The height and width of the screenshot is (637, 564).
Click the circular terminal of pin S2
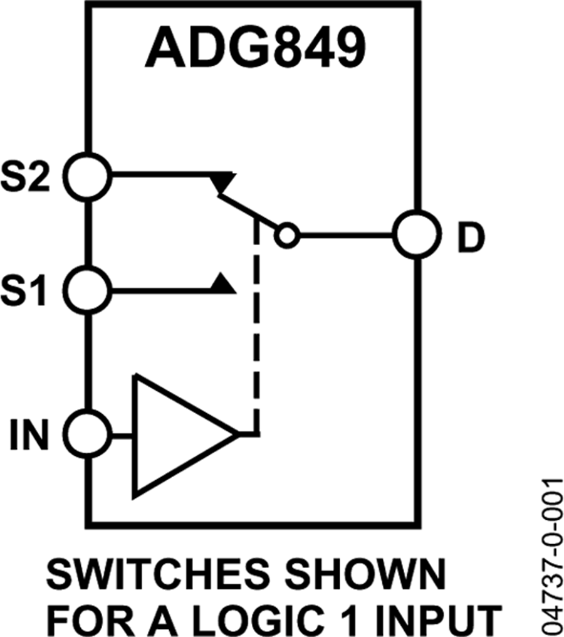click(x=88, y=176)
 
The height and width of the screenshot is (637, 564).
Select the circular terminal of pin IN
click(x=88, y=434)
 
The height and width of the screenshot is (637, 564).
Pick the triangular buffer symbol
click(x=175, y=435)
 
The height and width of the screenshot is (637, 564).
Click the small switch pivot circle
click(x=287, y=236)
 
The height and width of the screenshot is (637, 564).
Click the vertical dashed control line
click(x=256, y=326)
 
